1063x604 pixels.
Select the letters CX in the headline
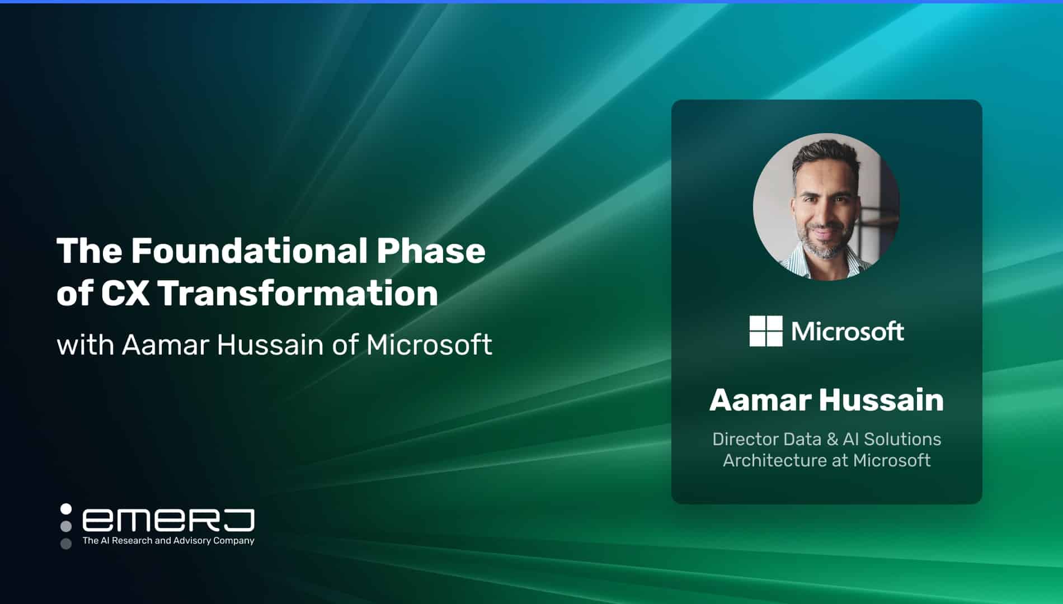click(x=125, y=293)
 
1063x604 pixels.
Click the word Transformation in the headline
click(x=298, y=293)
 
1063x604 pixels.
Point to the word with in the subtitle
click(x=85, y=345)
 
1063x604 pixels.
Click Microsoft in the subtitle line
click(x=429, y=345)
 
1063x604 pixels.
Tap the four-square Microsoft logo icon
click(x=766, y=331)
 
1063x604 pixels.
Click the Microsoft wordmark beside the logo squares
click(x=848, y=332)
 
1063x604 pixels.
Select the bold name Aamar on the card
click(x=760, y=400)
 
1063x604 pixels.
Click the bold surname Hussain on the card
click(x=882, y=400)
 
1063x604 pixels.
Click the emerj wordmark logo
click(x=168, y=520)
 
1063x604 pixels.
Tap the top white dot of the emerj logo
click(x=66, y=509)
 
